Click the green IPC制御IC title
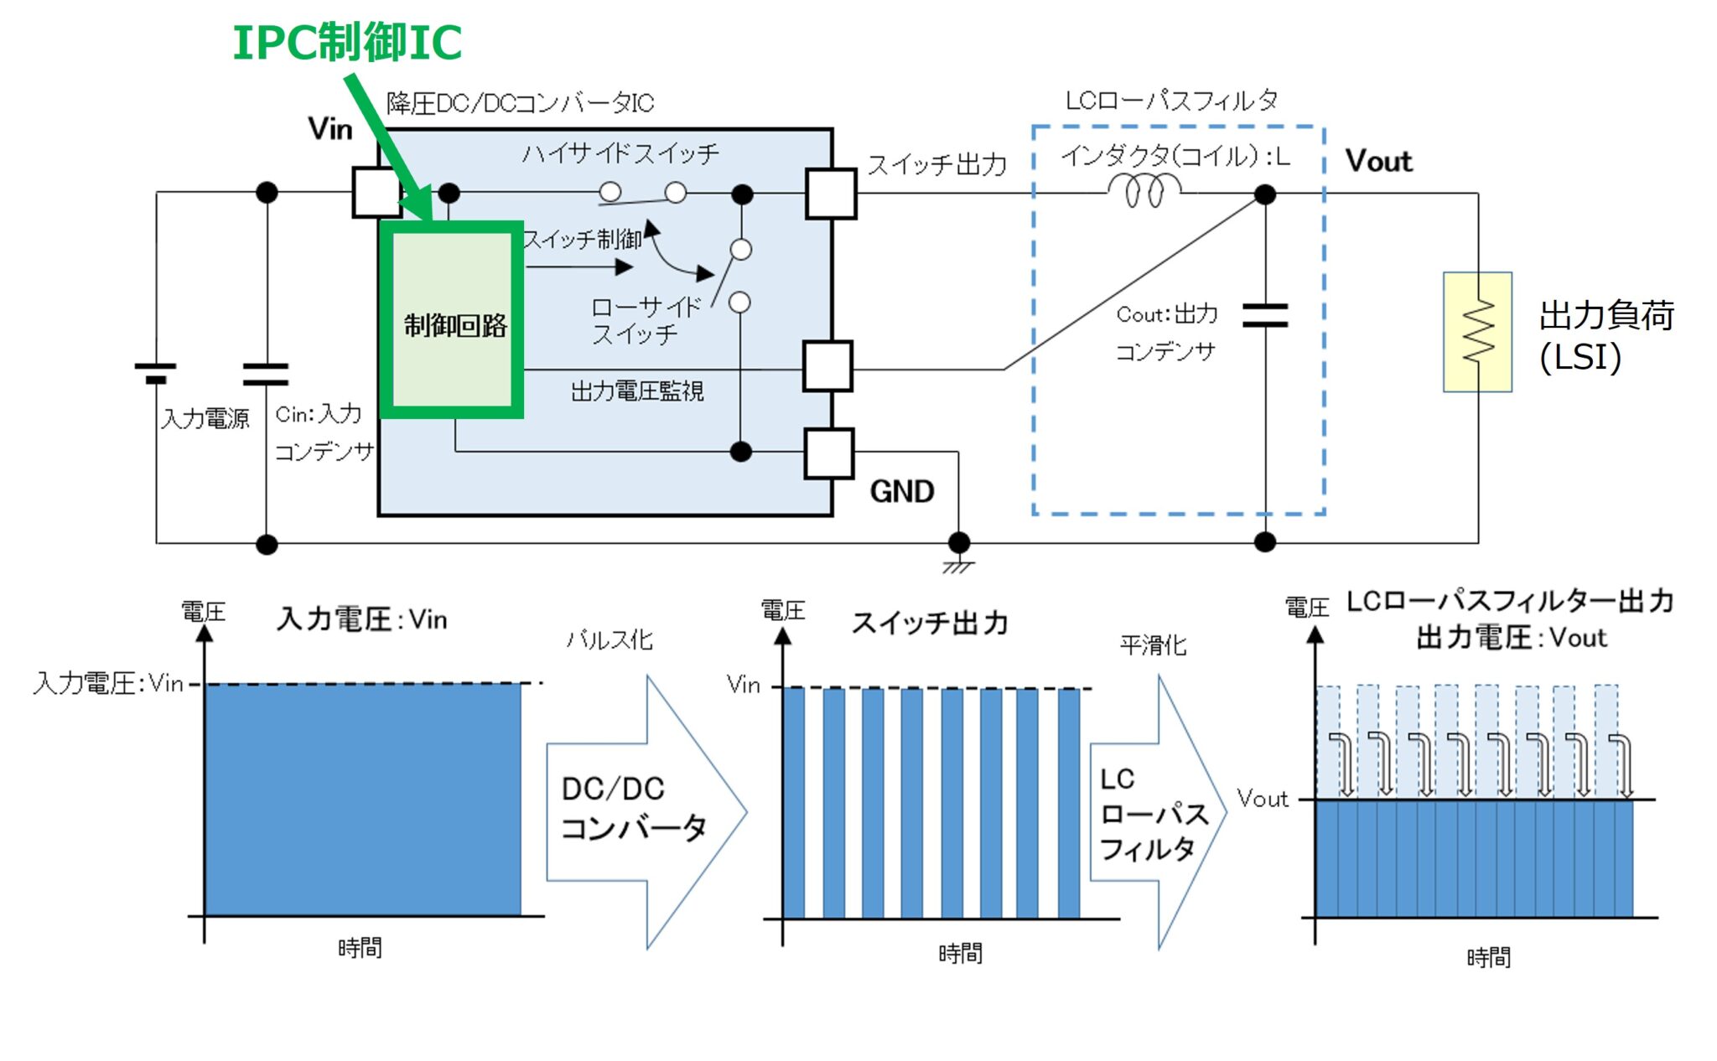click(347, 44)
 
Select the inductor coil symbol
click(1144, 191)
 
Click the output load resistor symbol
click(1477, 332)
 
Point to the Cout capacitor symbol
click(1265, 316)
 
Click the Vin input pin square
click(376, 193)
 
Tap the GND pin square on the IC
click(828, 453)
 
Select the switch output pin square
click(830, 194)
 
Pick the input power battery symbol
click(156, 373)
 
